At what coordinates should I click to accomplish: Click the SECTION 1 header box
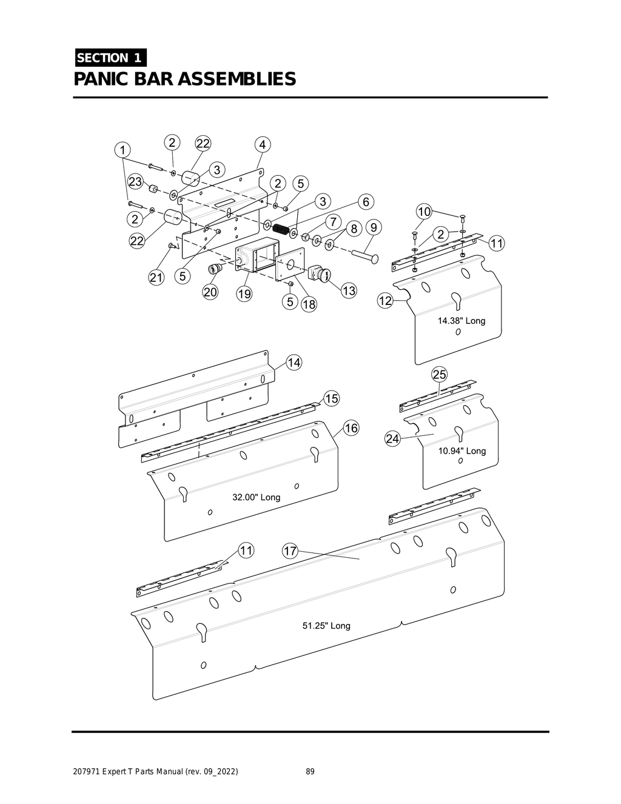pyautogui.click(x=110, y=58)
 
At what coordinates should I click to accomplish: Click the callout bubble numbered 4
pyautogui.click(x=262, y=145)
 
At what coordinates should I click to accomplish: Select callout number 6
pyautogui.click(x=366, y=201)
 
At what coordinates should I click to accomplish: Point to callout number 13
pyautogui.click(x=349, y=290)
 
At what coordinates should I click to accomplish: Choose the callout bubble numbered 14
pyautogui.click(x=294, y=363)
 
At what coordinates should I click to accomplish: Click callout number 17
pyautogui.click(x=290, y=551)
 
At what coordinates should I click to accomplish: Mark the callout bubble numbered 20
pyautogui.click(x=210, y=292)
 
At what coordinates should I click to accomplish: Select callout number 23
pyautogui.click(x=135, y=182)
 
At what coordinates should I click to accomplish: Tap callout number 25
pyautogui.click(x=439, y=374)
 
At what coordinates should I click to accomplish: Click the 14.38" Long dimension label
pyautogui.click(x=462, y=321)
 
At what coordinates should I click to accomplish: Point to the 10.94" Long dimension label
pyautogui.click(x=462, y=451)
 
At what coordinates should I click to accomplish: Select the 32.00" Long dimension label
pyautogui.click(x=257, y=497)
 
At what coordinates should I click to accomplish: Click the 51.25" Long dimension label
pyautogui.click(x=326, y=626)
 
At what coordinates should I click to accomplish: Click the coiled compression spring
pyautogui.click(x=280, y=229)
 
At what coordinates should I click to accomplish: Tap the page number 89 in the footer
pyautogui.click(x=310, y=772)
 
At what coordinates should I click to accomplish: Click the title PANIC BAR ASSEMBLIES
pyautogui.click(x=185, y=79)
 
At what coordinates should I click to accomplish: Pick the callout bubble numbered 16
pyautogui.click(x=351, y=428)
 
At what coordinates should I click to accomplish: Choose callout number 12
pyautogui.click(x=385, y=301)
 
